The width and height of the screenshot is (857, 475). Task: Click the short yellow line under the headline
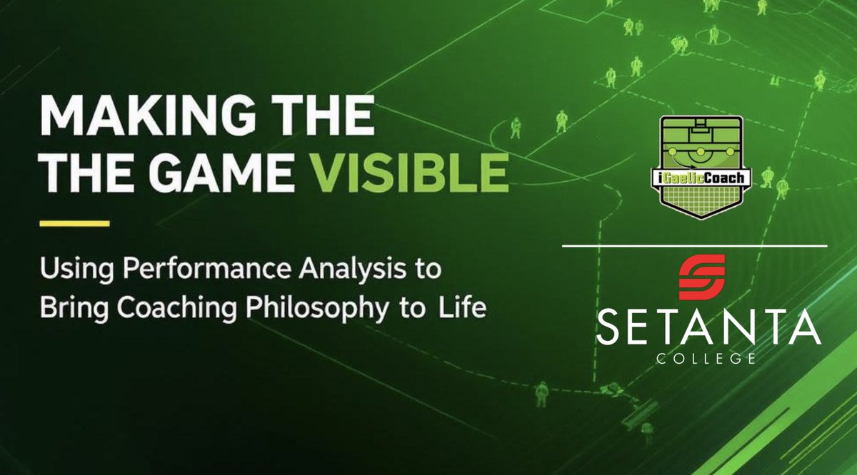(74, 223)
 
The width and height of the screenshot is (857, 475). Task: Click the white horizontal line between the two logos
(694, 245)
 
